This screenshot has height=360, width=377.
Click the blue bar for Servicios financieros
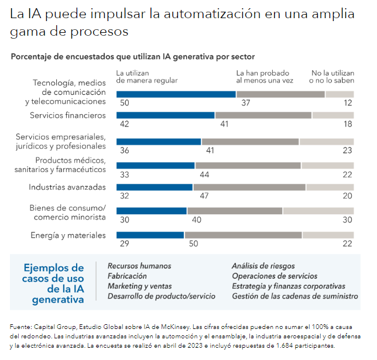166,115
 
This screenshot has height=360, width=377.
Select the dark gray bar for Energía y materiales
243,235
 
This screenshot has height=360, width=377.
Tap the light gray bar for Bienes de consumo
318,211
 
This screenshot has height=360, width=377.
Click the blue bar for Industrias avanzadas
155,187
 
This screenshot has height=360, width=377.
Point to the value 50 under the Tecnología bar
124,103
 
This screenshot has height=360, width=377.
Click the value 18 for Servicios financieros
348,125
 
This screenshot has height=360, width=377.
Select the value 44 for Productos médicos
205,174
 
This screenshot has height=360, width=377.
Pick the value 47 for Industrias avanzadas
205,197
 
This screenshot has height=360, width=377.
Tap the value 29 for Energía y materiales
124,244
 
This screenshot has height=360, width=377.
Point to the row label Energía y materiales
68,235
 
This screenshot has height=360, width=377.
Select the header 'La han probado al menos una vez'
265,77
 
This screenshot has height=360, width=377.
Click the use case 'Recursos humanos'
139,266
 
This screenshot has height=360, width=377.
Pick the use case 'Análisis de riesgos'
263,266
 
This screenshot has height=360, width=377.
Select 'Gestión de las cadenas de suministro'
294,296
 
